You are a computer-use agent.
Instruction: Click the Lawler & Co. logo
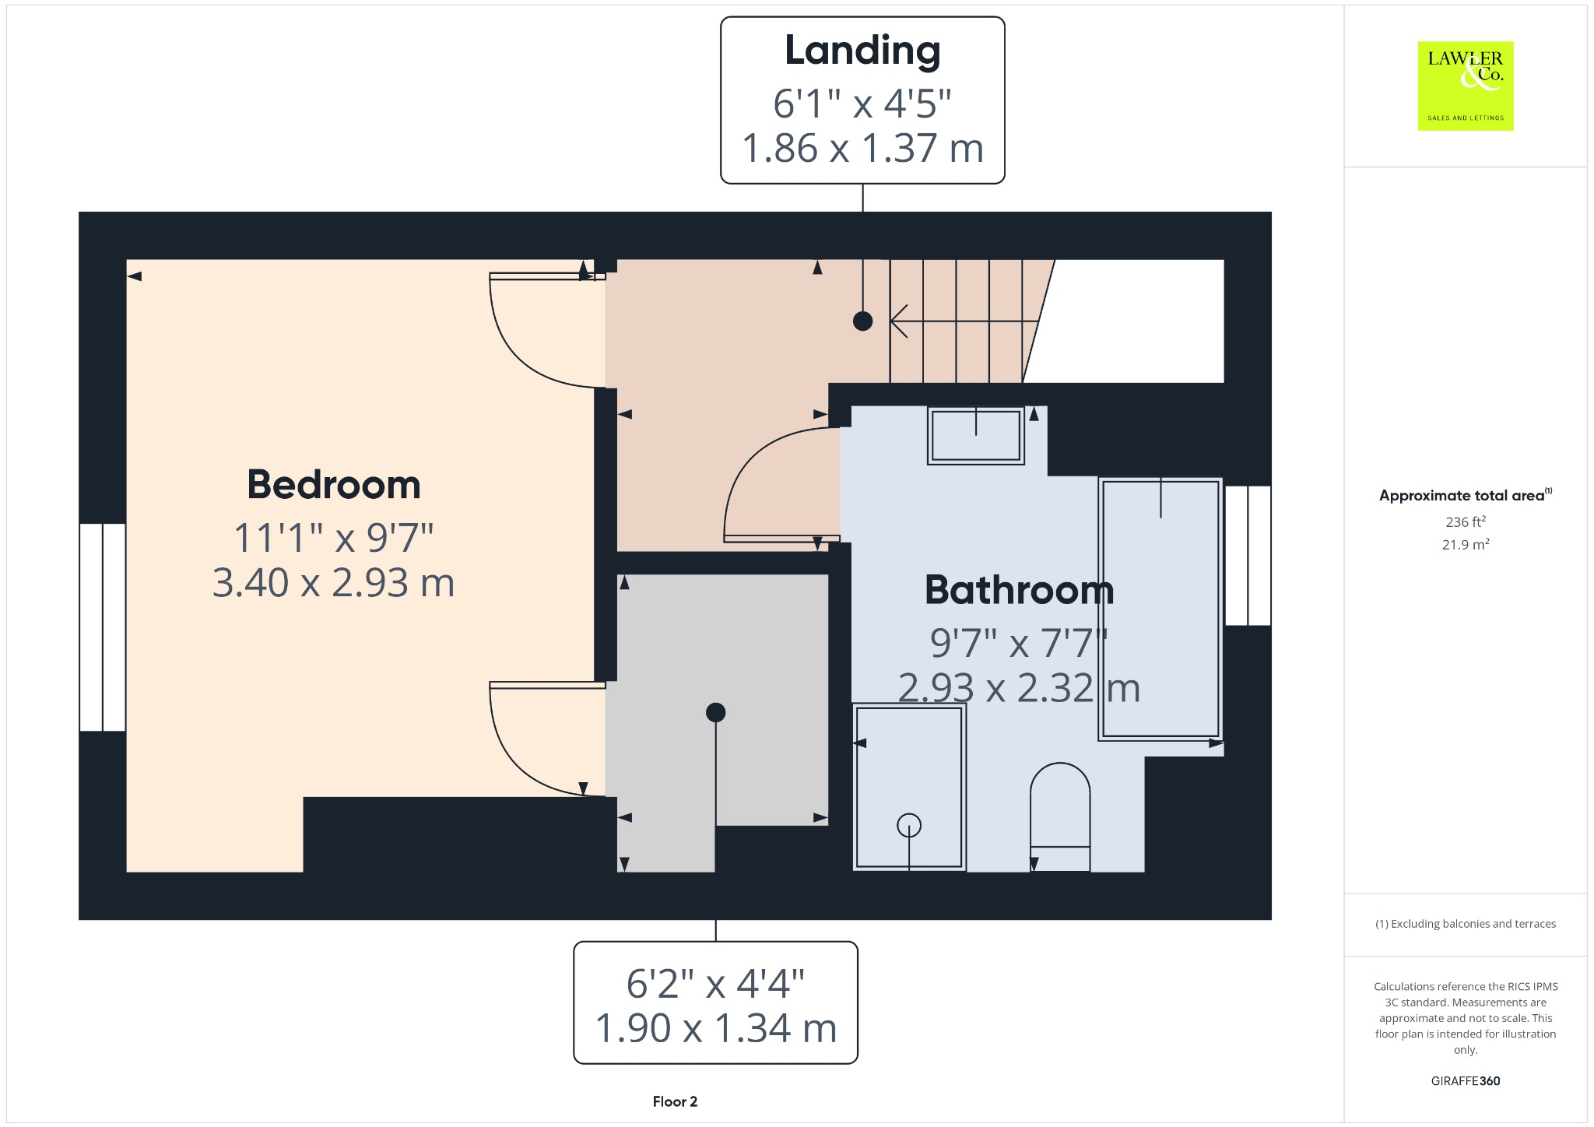(x=1465, y=86)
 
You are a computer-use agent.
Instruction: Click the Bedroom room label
(x=334, y=485)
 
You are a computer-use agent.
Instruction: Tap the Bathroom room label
(x=1019, y=590)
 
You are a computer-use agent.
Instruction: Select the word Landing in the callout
(x=862, y=51)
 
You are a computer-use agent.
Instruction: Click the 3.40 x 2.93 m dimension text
(x=334, y=583)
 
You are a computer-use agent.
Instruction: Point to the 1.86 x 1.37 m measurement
(x=862, y=149)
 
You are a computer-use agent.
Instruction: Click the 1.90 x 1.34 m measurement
(x=715, y=1028)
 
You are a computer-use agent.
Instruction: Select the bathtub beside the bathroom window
(x=1160, y=609)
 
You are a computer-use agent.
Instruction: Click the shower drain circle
(x=908, y=825)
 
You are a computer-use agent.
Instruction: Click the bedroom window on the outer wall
(x=102, y=627)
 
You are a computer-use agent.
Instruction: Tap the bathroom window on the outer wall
(x=1248, y=556)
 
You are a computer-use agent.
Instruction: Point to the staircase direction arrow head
(x=897, y=321)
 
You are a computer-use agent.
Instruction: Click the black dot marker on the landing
(x=862, y=321)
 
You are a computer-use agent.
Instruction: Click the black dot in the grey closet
(x=715, y=712)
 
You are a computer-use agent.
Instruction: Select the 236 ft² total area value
(x=1465, y=521)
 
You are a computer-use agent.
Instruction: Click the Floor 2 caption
(x=675, y=1101)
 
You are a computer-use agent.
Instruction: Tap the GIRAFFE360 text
(x=1465, y=1081)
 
